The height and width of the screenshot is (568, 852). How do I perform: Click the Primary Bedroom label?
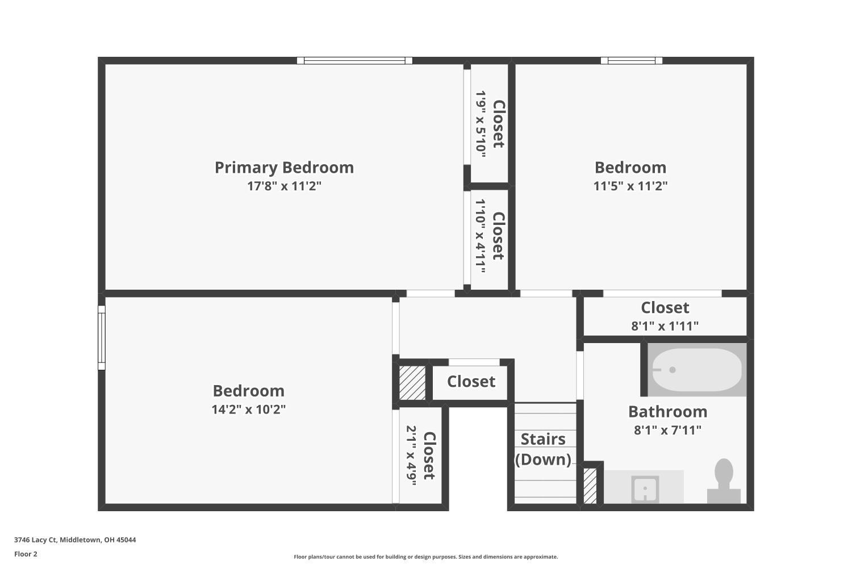[x=284, y=167]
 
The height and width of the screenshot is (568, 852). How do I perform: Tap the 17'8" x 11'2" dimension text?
[x=284, y=186]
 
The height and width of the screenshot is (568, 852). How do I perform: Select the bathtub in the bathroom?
[x=696, y=369]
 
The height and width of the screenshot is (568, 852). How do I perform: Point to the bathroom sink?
[x=645, y=489]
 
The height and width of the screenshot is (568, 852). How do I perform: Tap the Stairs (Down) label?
[x=543, y=449]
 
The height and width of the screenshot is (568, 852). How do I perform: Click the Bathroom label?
[x=667, y=411]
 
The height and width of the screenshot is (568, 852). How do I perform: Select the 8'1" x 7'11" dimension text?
[x=667, y=430]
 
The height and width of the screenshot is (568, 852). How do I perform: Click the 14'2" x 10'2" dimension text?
[x=248, y=409]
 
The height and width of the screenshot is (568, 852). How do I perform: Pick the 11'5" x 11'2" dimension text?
[x=630, y=186]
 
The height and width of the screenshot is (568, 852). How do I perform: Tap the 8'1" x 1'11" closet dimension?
[x=665, y=326]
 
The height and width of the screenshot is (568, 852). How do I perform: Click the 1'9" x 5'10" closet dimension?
[x=481, y=124]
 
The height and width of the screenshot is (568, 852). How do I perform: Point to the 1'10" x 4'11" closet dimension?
[x=481, y=236]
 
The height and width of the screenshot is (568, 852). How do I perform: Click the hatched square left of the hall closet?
[x=412, y=382]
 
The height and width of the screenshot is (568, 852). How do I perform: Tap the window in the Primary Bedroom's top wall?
[x=354, y=60]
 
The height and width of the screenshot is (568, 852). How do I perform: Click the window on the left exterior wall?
[x=102, y=337]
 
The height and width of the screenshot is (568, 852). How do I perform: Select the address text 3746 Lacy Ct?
[x=75, y=540]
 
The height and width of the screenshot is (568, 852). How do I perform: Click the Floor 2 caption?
[x=26, y=554]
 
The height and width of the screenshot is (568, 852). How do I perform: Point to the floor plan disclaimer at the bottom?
[x=425, y=557]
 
